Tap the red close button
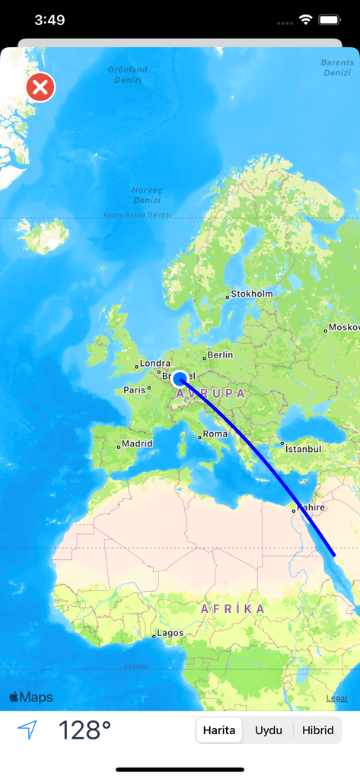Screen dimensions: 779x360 40,87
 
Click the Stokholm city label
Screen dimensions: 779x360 251,294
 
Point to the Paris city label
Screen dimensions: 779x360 134,390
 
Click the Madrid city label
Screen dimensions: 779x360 136,444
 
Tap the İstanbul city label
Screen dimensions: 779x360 302,449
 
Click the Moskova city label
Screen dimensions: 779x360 343,328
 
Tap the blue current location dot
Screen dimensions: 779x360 180,379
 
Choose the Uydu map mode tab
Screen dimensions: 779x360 269,730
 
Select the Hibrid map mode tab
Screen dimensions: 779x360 317,730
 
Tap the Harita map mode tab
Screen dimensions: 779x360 219,730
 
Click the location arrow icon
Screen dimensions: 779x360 27,730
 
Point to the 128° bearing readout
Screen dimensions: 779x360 84,730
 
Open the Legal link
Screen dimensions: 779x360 336,698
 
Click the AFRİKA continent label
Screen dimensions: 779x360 233,609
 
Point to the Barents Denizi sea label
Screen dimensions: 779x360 336,68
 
